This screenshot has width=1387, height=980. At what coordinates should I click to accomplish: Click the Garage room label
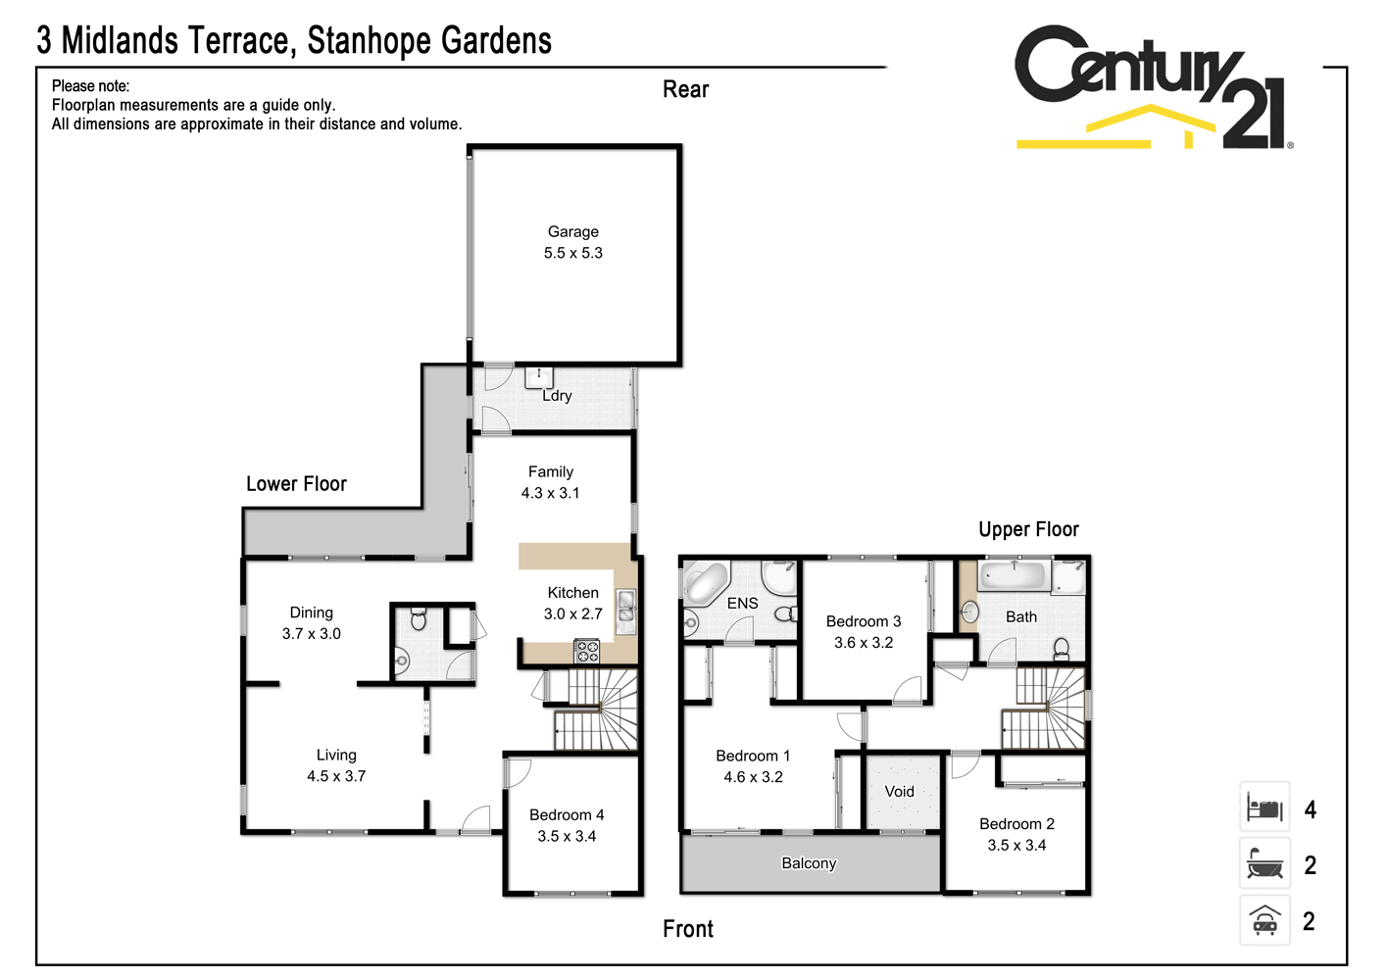(x=572, y=232)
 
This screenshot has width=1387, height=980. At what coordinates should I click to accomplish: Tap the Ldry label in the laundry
(x=557, y=396)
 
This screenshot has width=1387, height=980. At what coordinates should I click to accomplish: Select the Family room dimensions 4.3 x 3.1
(x=550, y=493)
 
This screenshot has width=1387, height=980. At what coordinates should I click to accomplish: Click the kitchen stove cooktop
(x=586, y=651)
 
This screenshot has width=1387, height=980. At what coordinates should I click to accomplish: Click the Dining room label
(x=311, y=612)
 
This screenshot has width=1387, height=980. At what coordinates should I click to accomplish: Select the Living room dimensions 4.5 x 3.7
(x=335, y=776)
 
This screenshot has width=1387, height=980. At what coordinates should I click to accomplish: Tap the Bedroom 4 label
(x=567, y=815)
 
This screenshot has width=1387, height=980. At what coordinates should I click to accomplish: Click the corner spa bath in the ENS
(x=706, y=582)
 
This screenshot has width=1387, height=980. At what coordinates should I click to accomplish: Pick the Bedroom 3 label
(x=863, y=621)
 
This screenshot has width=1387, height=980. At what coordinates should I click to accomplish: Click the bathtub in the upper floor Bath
(x=1013, y=575)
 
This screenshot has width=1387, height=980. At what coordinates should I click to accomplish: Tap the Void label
(x=899, y=792)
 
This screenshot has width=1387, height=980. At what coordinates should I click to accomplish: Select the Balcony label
(x=809, y=863)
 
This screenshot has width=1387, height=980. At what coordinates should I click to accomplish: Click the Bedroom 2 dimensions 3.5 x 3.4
(x=1016, y=846)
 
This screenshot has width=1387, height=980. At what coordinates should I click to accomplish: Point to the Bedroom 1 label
(x=752, y=756)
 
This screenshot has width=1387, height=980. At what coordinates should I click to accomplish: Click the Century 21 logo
(x=1152, y=88)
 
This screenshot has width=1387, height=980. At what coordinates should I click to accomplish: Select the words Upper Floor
(x=1028, y=529)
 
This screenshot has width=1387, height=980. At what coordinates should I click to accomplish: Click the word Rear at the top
(x=685, y=90)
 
